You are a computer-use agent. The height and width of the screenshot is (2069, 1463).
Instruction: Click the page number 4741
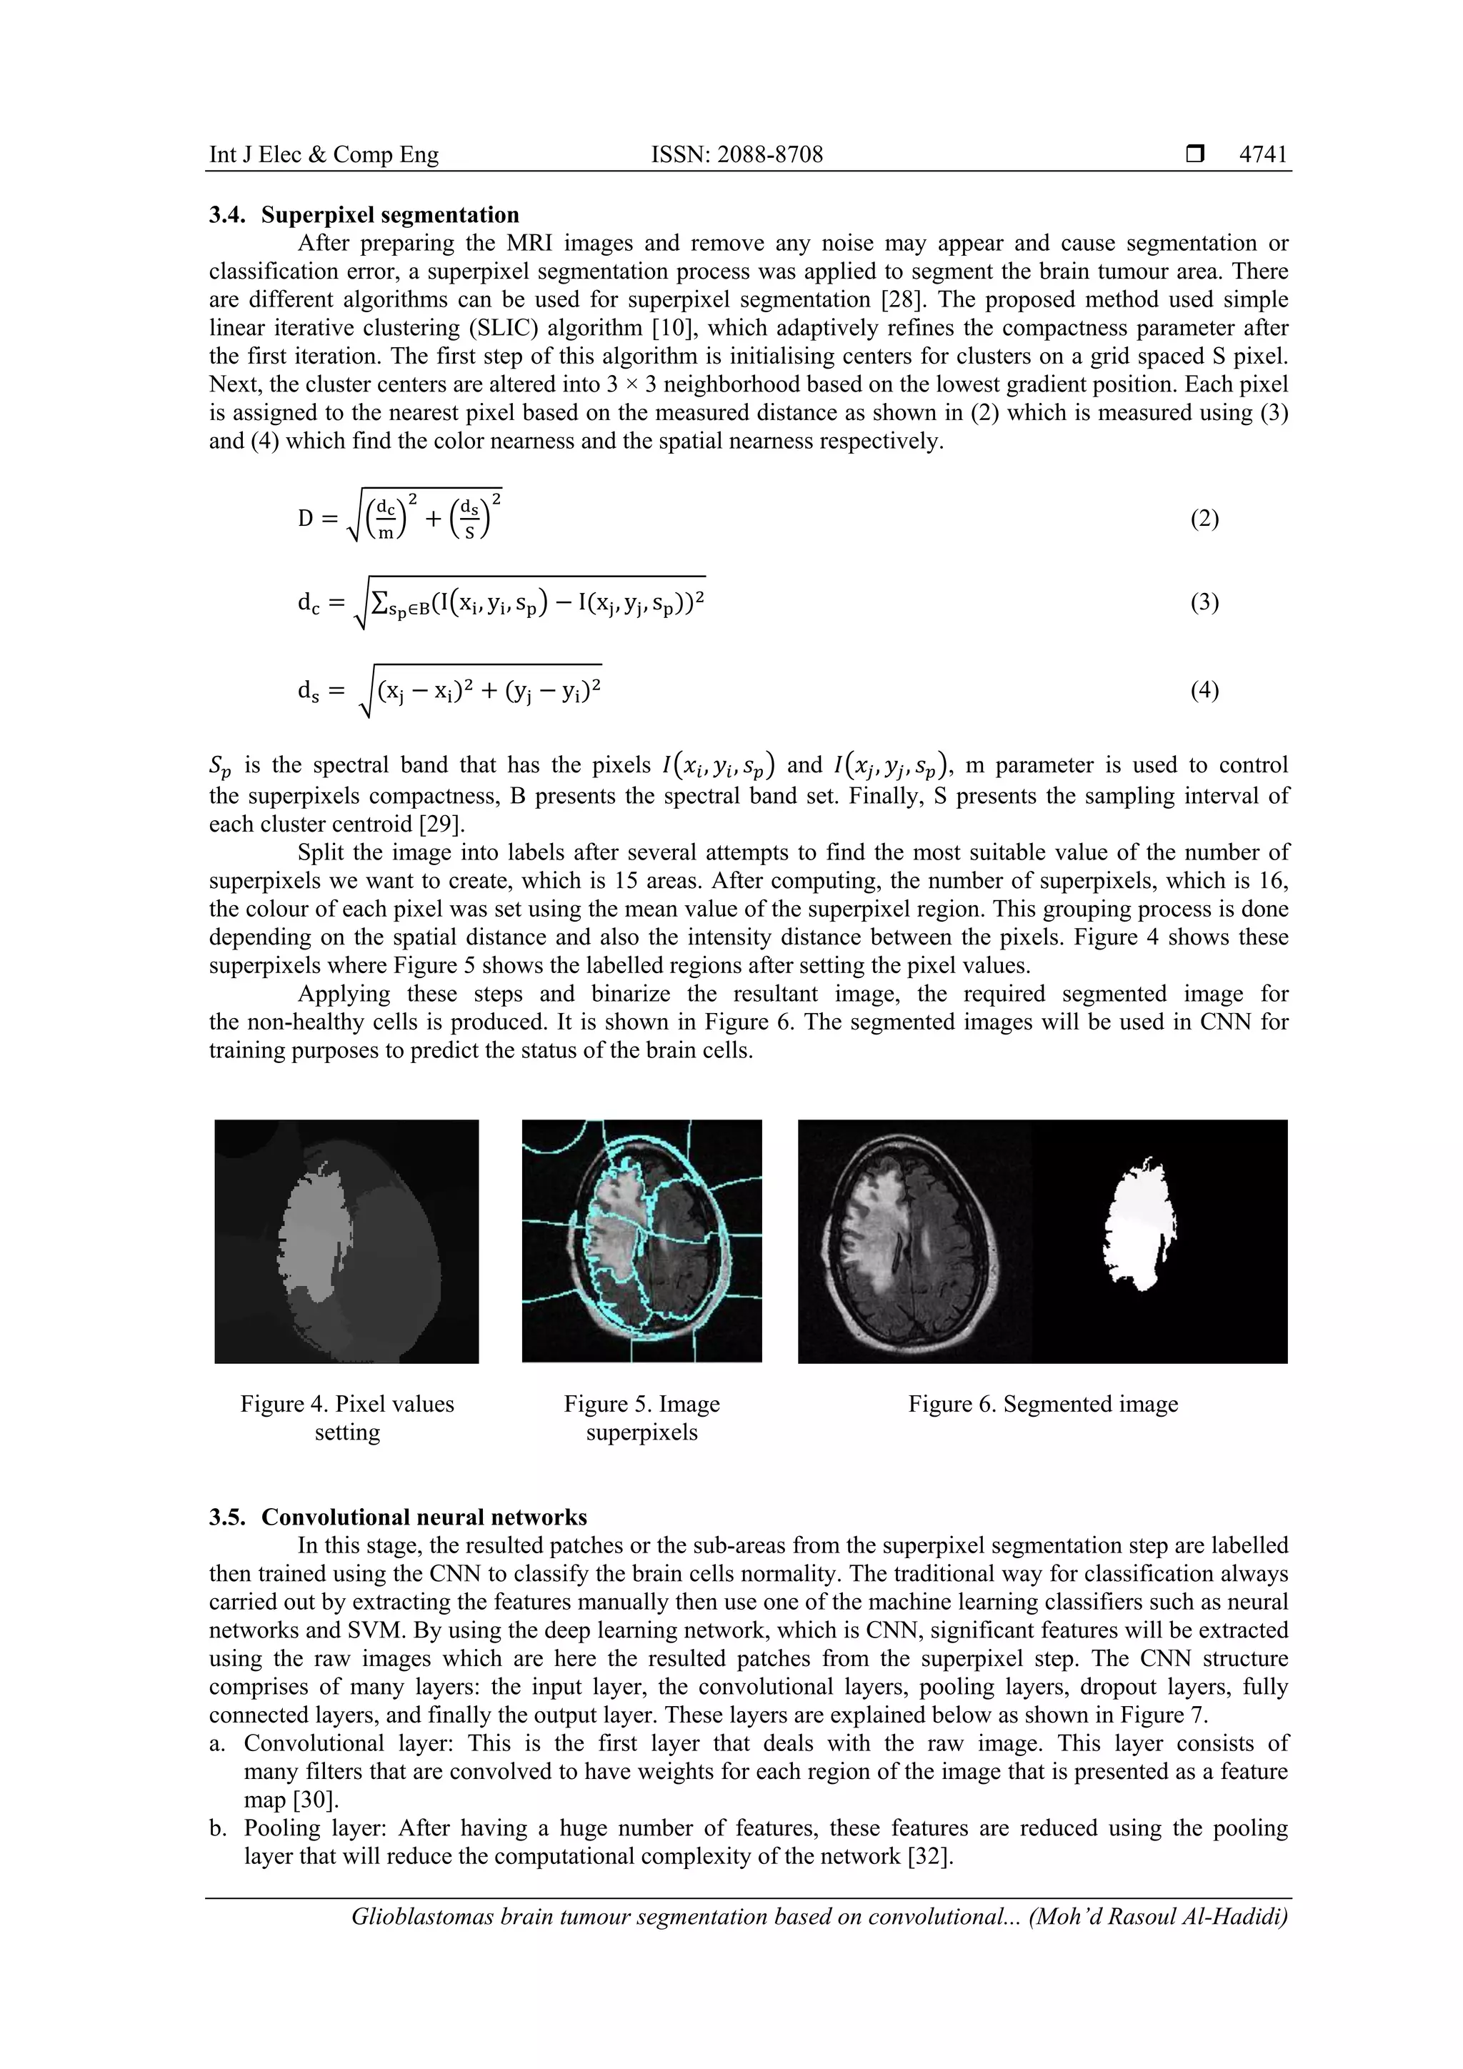[1263, 155]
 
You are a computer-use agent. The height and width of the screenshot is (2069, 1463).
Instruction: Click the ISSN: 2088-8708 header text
[737, 155]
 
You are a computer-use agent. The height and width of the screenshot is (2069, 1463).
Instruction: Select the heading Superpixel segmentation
[390, 214]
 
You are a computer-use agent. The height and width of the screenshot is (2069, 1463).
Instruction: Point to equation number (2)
[1204, 519]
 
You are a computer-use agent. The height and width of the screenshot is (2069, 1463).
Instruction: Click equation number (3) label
[1204, 602]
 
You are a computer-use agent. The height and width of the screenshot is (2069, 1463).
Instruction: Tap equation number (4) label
[1204, 690]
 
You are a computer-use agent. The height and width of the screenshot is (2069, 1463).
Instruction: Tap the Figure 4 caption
[347, 1417]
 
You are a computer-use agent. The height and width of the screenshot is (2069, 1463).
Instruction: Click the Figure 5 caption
[641, 1417]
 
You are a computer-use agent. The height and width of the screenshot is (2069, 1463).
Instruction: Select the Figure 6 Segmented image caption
[1042, 1404]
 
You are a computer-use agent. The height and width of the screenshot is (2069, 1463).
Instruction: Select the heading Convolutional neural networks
[424, 1517]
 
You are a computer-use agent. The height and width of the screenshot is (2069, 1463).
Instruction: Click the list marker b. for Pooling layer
[217, 1828]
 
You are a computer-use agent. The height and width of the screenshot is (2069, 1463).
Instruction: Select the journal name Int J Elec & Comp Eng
[324, 155]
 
